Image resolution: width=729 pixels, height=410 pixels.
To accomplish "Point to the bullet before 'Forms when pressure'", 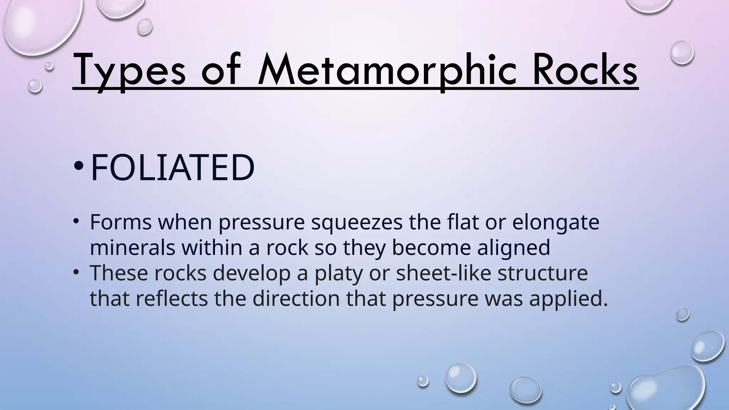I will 75,222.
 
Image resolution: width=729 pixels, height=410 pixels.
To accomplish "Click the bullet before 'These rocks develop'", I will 75,273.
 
